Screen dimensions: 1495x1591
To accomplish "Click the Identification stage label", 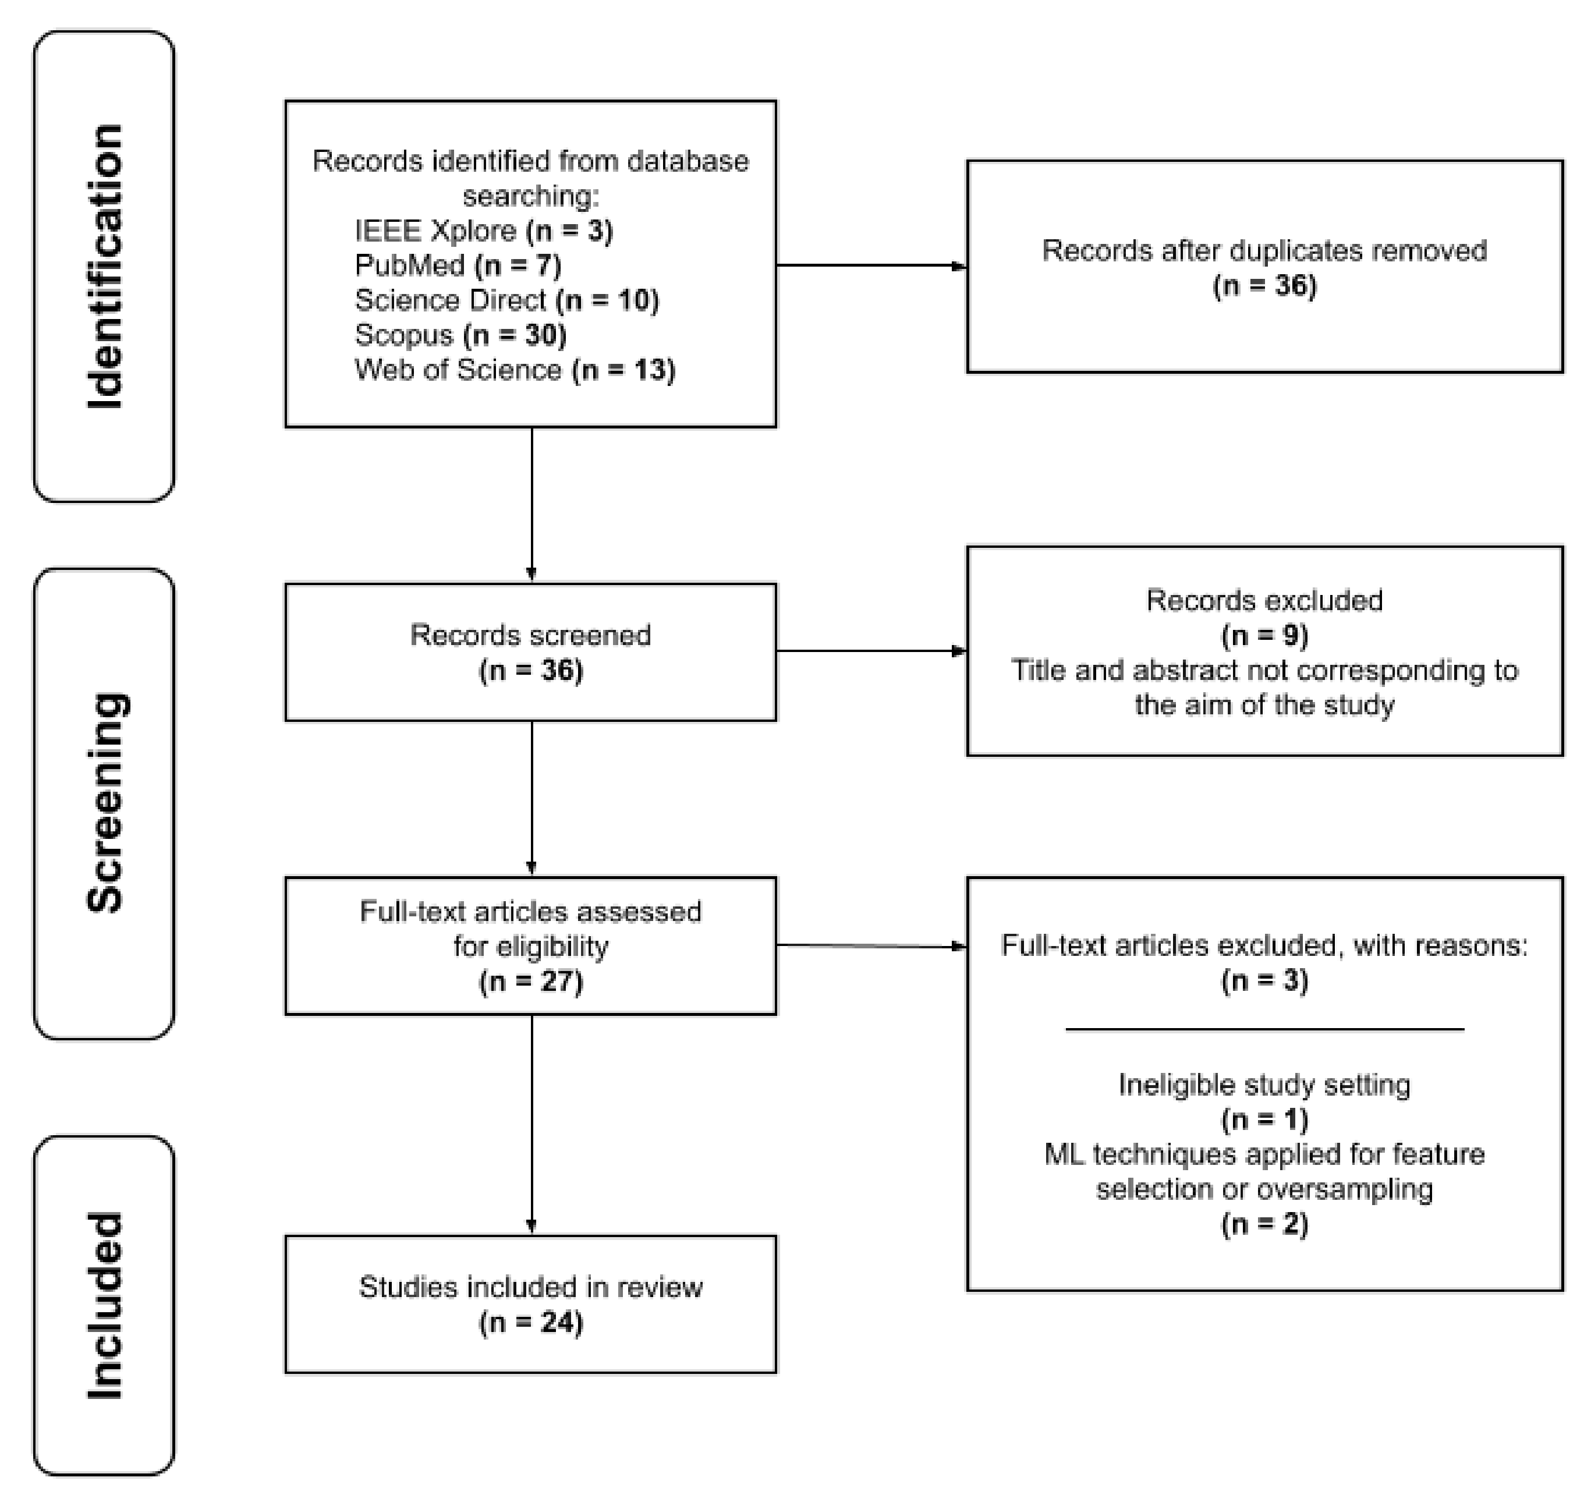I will click(x=105, y=267).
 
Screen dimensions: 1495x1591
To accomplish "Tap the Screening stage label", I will click(x=105, y=803).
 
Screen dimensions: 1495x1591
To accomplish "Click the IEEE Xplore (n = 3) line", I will click(x=483, y=231).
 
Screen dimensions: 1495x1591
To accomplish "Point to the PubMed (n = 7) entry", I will click(x=458, y=265).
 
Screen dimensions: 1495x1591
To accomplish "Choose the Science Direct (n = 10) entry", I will click(x=506, y=300).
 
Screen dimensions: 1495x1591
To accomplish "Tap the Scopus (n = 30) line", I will click(x=460, y=335).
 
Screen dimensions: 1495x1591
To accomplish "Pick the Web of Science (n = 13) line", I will click(x=515, y=370).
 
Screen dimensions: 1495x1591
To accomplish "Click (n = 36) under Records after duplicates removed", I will click(x=1264, y=286).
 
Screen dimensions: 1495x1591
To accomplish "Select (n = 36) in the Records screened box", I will click(x=530, y=670).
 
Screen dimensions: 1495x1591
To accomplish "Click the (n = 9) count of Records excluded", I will click(x=1264, y=636).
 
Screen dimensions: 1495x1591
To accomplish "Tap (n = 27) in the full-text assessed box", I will click(x=530, y=981).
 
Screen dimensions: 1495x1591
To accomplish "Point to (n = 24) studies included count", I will click(x=530, y=1322).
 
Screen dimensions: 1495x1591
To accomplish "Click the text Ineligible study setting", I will click(x=1264, y=1085).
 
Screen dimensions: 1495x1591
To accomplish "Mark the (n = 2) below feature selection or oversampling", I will click(x=1264, y=1224).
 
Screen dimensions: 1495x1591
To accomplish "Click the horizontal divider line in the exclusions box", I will click(x=1264, y=1030).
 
